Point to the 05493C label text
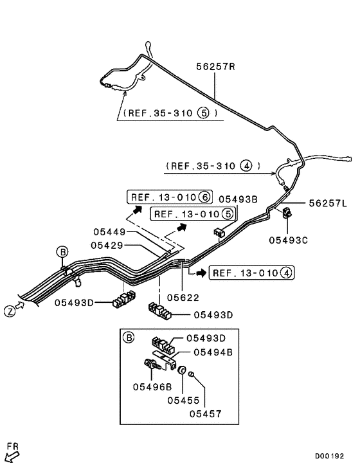(x=289, y=240)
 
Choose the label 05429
(x=108, y=245)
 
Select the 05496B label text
(x=152, y=386)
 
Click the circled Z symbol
(x=10, y=311)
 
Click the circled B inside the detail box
(x=128, y=336)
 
